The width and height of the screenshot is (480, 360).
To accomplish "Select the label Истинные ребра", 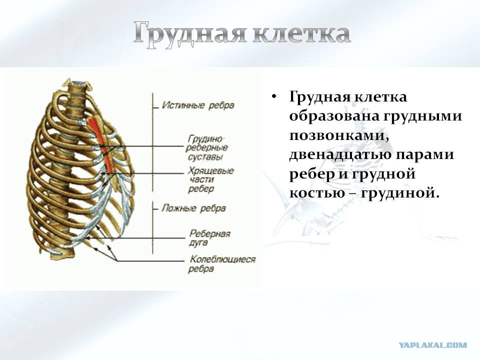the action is click(x=198, y=105).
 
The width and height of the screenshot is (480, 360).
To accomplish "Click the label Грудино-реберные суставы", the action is click(x=206, y=148).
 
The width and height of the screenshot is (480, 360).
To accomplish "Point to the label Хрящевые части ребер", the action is click(x=210, y=180).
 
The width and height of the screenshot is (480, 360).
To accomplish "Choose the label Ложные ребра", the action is click(x=193, y=208).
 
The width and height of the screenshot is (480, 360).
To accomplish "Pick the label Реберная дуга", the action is click(x=209, y=238).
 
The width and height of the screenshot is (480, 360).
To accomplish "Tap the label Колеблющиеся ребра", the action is click(x=222, y=264).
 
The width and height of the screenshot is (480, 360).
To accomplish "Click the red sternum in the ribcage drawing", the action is click(x=102, y=143).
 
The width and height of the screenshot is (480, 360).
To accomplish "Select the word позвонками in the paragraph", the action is click(x=339, y=135).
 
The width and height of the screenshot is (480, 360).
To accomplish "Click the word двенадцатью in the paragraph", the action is click(x=339, y=155).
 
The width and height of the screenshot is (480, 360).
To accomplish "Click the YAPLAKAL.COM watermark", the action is click(x=433, y=345).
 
